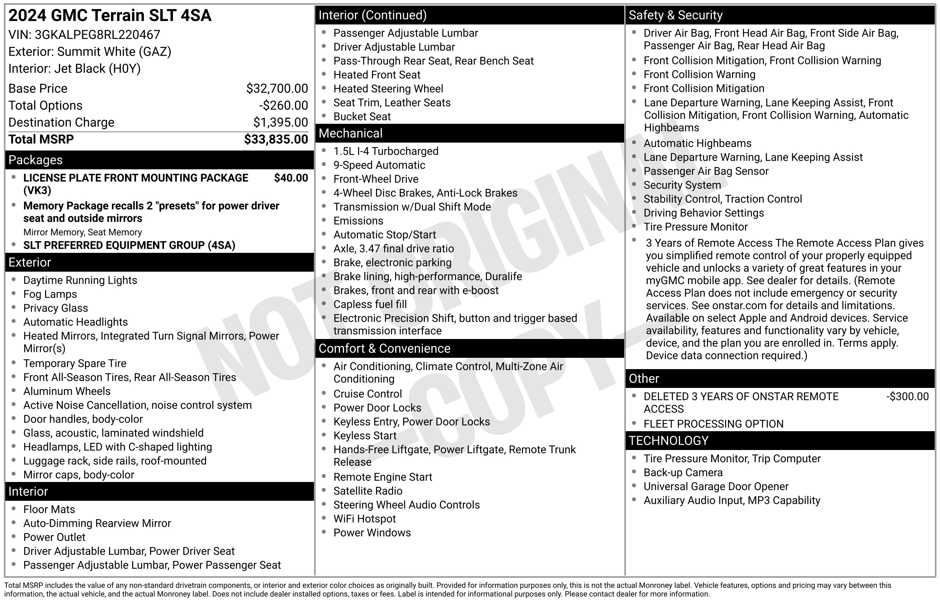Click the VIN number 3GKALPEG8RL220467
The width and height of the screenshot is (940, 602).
point(97,35)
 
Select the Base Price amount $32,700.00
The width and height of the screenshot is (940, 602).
point(276,89)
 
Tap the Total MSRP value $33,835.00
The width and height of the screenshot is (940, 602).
point(276,140)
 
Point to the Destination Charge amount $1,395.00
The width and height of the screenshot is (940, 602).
point(280,123)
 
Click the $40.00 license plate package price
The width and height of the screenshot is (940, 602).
point(291,178)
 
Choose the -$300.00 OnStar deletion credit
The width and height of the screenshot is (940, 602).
point(907,397)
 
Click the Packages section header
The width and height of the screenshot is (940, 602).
point(36,160)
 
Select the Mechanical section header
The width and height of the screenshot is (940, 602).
point(350,134)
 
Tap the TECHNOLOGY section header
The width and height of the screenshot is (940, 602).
point(668,441)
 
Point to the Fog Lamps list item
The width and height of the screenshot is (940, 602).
point(50,294)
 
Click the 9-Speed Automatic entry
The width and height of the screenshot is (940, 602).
point(379,165)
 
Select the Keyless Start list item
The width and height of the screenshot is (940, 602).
point(365,436)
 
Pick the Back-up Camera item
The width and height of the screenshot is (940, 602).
point(683,473)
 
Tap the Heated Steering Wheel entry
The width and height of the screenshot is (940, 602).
point(388,89)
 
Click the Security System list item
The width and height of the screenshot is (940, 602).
point(682,185)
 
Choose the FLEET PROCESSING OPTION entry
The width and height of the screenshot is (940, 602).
point(713,424)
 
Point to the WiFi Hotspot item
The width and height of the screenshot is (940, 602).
point(364,519)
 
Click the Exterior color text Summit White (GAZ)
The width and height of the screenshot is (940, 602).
point(114,52)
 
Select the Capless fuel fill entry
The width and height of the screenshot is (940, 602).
point(370,304)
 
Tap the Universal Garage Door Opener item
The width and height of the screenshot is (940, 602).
point(716,487)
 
